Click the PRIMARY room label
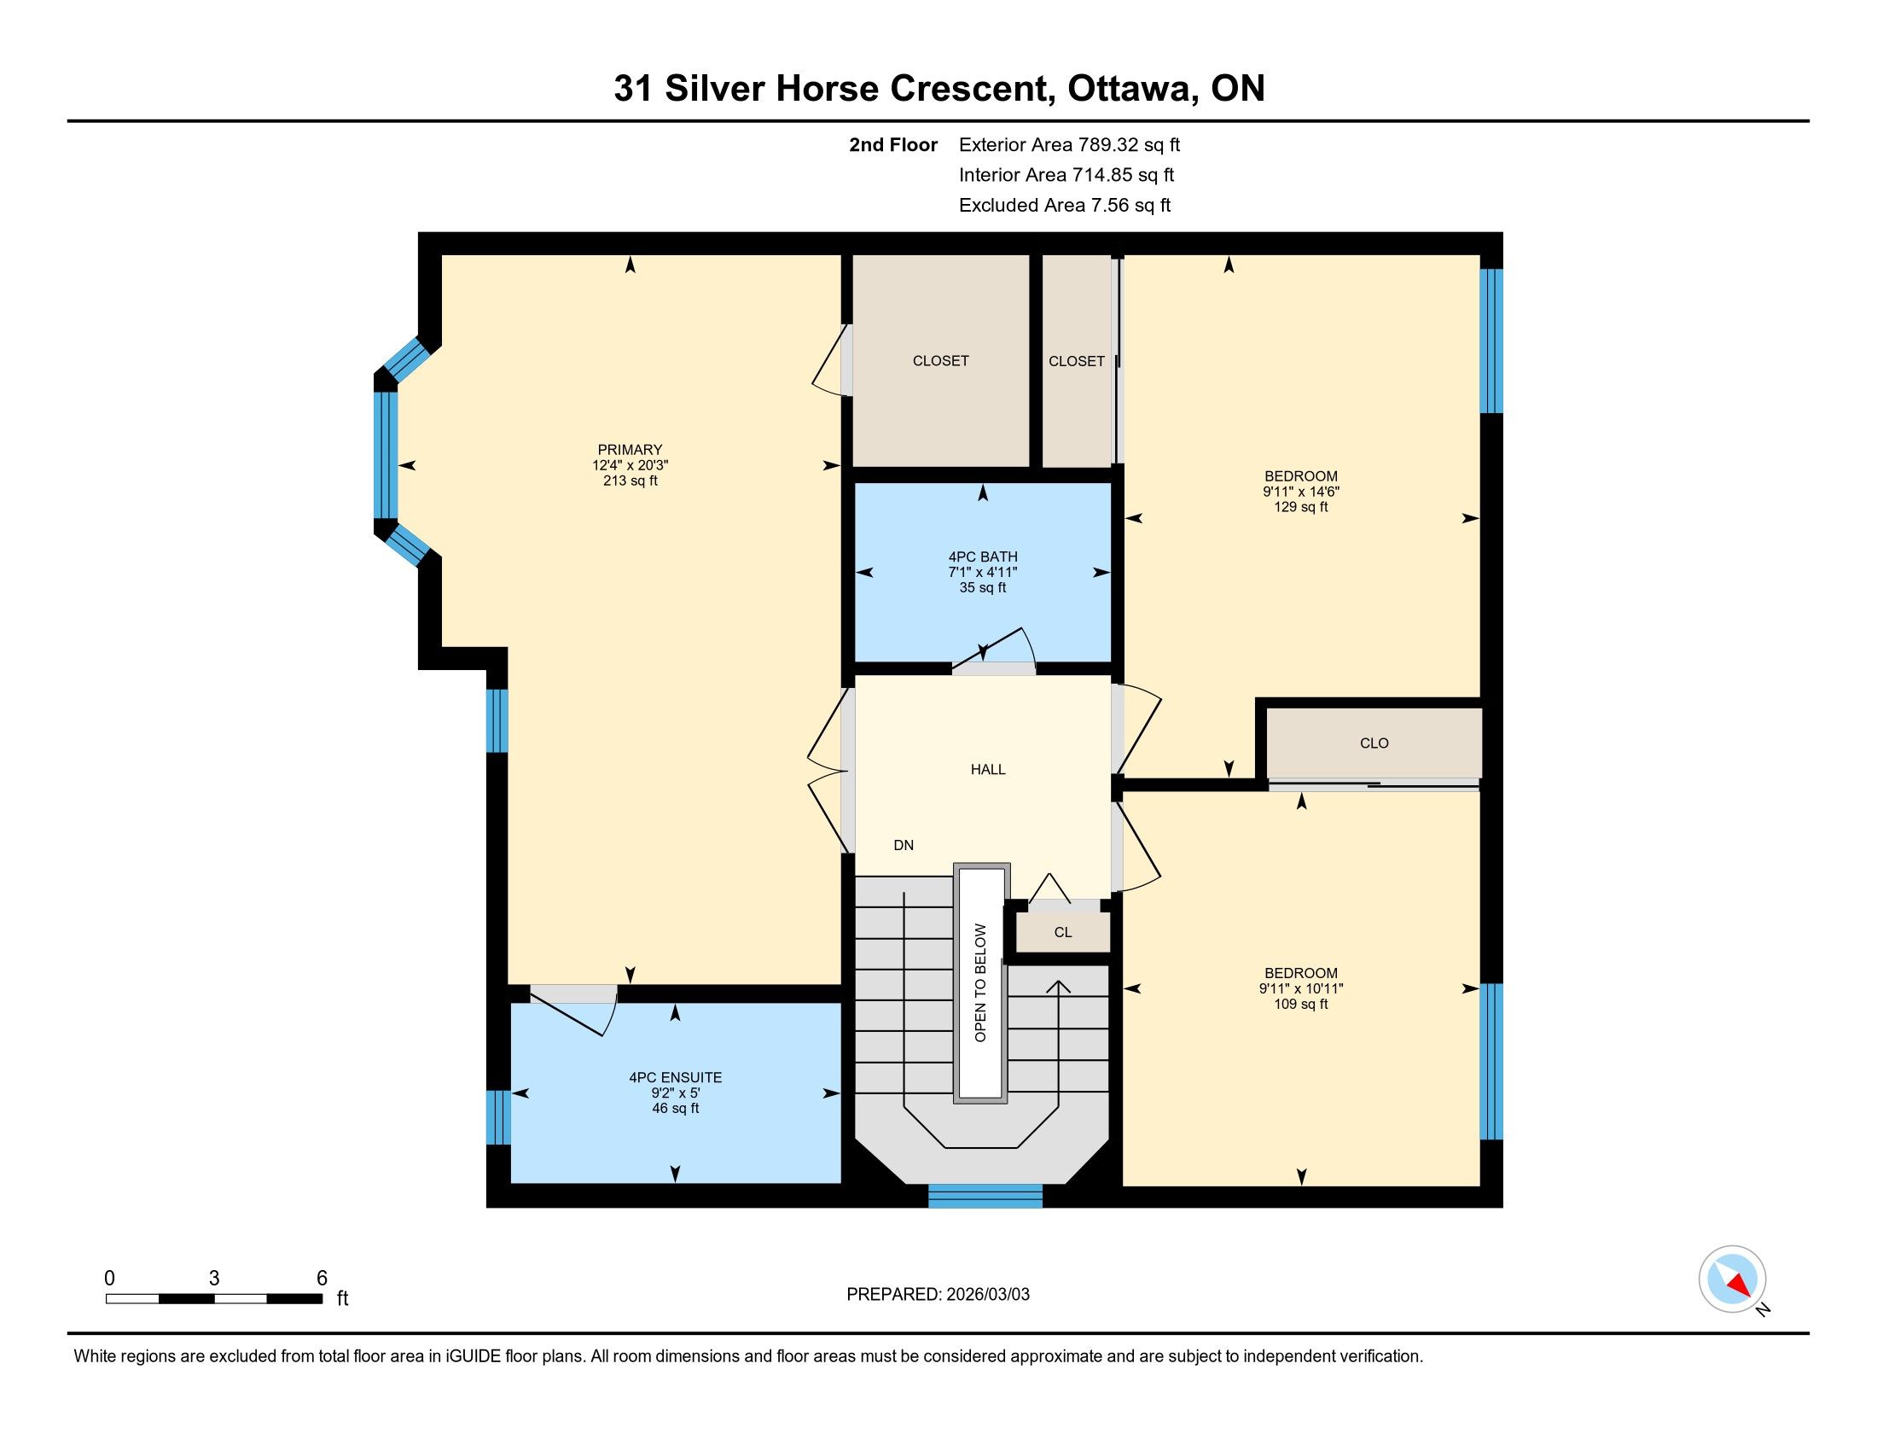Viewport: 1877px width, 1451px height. point(630,450)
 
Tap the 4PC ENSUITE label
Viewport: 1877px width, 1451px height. point(676,1077)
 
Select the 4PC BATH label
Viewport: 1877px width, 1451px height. point(983,557)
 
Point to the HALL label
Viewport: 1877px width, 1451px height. point(988,769)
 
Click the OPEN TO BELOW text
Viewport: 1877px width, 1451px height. point(980,982)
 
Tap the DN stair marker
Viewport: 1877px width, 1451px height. point(904,845)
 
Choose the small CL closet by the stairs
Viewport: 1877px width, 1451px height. point(1063,932)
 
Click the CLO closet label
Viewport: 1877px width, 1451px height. point(1374,743)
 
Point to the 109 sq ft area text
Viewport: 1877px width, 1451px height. point(1301,1004)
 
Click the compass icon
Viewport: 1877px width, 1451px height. point(1733,1279)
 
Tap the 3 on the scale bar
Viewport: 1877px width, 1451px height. point(214,1279)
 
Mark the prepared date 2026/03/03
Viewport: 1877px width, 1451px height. point(986,1294)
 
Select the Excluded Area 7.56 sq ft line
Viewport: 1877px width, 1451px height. point(1065,205)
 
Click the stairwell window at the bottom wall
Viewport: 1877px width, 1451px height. point(985,1196)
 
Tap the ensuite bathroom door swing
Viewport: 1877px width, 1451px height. point(574,1011)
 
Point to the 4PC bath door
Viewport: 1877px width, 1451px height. point(994,652)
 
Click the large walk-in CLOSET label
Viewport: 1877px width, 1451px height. point(940,361)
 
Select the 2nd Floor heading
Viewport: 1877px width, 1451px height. point(893,144)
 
